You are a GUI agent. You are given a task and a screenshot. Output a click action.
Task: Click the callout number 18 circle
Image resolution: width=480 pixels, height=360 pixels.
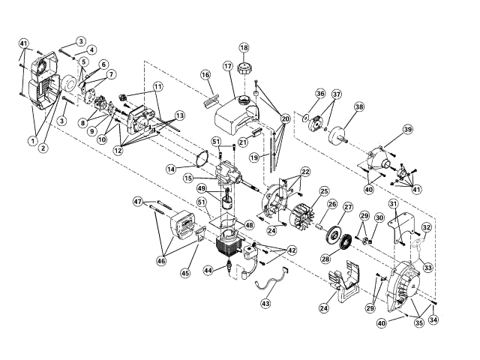click(x=243, y=48)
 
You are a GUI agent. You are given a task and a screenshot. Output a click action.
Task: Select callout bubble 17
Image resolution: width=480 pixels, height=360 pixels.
click(x=227, y=66)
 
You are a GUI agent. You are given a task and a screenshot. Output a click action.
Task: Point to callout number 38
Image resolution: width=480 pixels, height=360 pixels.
click(x=359, y=107)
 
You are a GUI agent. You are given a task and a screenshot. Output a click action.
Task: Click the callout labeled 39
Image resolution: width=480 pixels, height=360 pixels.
click(x=408, y=130)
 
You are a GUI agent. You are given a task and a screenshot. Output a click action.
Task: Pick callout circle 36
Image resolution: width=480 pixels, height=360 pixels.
click(x=320, y=94)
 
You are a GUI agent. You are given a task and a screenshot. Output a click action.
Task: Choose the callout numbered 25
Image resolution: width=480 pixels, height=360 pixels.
click(x=325, y=191)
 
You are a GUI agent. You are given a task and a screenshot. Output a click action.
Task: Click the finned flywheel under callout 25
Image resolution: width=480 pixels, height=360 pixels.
click(x=303, y=214)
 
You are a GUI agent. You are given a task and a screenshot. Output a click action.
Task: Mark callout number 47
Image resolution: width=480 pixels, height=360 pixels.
click(x=138, y=201)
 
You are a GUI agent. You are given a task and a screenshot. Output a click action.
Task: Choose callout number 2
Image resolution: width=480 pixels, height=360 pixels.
click(x=43, y=148)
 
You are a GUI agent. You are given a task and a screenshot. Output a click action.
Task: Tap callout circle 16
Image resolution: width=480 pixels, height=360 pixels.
click(x=205, y=75)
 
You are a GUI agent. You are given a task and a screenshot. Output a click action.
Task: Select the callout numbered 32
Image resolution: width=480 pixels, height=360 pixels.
click(x=426, y=227)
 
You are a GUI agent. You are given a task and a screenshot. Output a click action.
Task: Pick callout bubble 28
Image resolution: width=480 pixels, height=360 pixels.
click(x=326, y=259)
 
